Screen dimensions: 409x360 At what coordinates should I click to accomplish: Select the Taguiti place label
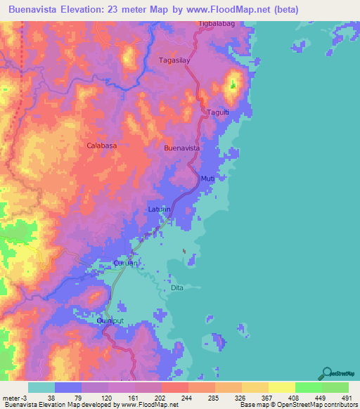pos(217,112)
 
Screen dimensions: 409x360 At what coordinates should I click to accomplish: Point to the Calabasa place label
pos(101,145)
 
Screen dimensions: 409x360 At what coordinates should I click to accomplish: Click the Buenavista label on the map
pos(182,148)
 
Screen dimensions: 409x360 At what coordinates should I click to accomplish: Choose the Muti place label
pos(207,178)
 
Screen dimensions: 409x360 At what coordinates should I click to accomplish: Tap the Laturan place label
pos(160,209)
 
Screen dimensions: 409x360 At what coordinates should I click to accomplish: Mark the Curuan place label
pos(127,264)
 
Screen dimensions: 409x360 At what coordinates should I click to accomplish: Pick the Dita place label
pos(177,288)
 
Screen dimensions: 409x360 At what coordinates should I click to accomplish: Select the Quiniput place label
pos(110,320)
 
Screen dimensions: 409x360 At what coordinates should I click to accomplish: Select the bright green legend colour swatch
pos(308,387)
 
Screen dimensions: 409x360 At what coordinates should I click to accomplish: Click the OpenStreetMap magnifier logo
pos(326,372)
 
